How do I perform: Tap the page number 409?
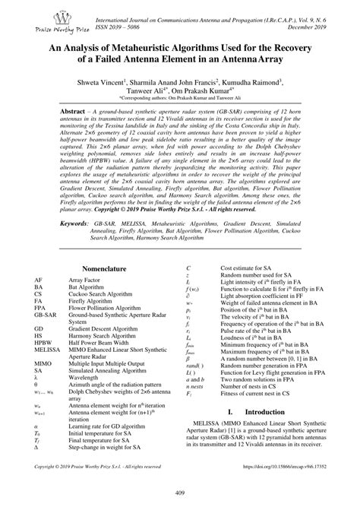179,496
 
